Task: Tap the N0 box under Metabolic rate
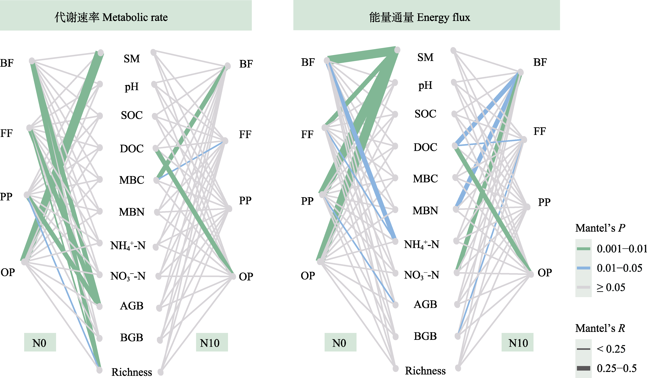[40, 343]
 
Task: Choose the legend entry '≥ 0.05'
[611, 287]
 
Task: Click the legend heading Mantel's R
[600, 328]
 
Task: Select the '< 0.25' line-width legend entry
[611, 349]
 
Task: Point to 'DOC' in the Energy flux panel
[425, 147]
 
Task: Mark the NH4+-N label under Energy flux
[421, 245]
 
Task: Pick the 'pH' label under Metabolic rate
[131, 87]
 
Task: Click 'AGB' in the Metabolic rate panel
[131, 306]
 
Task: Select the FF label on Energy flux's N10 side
[539, 131]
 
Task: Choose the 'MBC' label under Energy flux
[425, 179]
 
